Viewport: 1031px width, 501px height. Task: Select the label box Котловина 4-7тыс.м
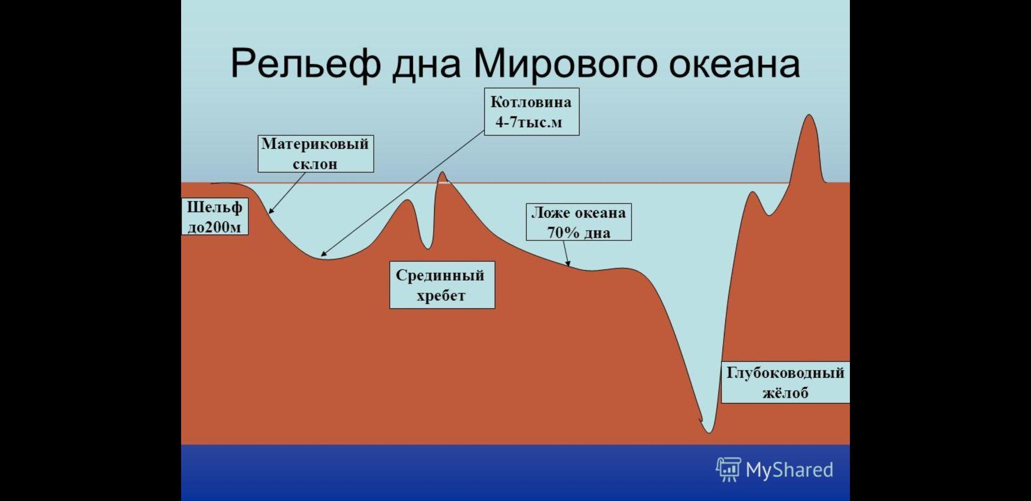coord(532,112)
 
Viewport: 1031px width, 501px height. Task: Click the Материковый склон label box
coord(316,154)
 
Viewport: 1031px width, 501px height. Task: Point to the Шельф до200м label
coord(215,217)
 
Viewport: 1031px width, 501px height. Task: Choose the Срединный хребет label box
coord(442,285)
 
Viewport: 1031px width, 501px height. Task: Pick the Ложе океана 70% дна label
coord(579,222)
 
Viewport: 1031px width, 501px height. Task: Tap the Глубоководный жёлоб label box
coord(785,383)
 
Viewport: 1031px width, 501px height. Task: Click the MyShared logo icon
coord(728,469)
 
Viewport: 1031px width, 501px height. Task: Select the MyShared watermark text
coord(789,470)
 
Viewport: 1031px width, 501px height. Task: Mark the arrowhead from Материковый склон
coord(271,211)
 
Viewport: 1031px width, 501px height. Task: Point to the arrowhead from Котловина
coord(324,254)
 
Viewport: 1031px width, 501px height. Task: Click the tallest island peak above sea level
coord(809,116)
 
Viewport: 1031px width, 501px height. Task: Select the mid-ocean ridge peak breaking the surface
coord(442,174)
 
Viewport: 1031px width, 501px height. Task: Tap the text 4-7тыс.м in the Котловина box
coord(529,122)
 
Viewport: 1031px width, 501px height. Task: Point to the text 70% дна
coord(579,232)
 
